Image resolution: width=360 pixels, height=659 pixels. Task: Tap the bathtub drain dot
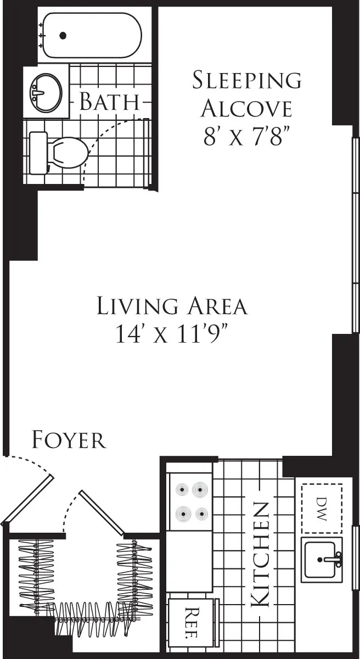(x=63, y=36)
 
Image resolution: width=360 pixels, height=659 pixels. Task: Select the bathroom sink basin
(x=46, y=92)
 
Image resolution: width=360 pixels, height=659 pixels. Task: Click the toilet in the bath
(x=60, y=150)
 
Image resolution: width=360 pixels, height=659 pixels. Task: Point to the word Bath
(x=108, y=102)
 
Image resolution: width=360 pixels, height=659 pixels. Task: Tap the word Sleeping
(x=246, y=80)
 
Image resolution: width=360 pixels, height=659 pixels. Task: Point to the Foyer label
(x=69, y=440)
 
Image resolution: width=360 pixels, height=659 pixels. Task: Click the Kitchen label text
(x=260, y=555)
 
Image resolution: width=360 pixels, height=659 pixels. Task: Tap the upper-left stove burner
(x=181, y=489)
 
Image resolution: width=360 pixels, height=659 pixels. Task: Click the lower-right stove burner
(x=201, y=515)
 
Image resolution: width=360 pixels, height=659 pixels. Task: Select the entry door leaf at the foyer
(x=27, y=500)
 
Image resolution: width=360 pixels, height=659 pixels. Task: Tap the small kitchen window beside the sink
(x=355, y=557)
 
